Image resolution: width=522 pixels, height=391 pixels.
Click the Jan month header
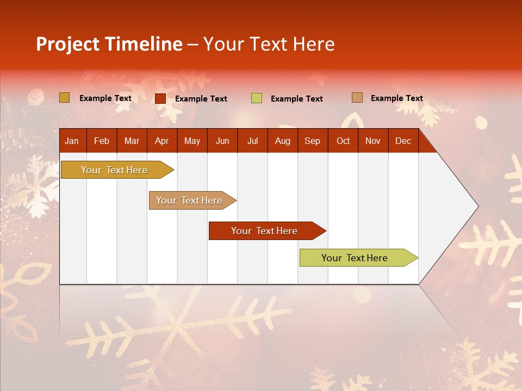pyautogui.click(x=72, y=141)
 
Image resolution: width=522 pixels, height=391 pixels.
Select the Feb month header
pyautogui.click(x=102, y=141)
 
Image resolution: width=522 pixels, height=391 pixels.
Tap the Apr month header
pyautogui.click(x=161, y=141)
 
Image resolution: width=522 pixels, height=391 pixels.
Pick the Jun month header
pyautogui.click(x=222, y=141)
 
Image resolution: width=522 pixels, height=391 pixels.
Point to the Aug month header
pyautogui.click(x=282, y=141)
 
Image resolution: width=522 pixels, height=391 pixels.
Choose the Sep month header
pyautogui.click(x=312, y=141)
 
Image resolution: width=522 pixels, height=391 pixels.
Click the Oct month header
pyautogui.click(x=343, y=141)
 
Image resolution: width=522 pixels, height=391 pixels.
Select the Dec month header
pyautogui.click(x=403, y=141)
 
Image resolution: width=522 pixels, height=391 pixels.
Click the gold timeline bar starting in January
pyautogui.click(x=114, y=170)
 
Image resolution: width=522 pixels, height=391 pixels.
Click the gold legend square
pyautogui.click(x=65, y=98)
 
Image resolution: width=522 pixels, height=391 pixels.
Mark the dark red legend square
pyautogui.click(x=160, y=98)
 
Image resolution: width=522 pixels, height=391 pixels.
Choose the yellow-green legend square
pyautogui.click(x=257, y=98)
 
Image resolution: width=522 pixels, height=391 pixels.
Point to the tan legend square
pyautogui.click(x=357, y=98)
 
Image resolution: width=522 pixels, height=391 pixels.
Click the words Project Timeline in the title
pyautogui.click(x=109, y=44)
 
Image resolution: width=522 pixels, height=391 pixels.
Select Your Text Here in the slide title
pyautogui.click(x=269, y=44)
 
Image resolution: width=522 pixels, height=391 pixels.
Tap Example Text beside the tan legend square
pyautogui.click(x=396, y=98)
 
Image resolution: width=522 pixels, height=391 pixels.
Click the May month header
pyautogui.click(x=192, y=141)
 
